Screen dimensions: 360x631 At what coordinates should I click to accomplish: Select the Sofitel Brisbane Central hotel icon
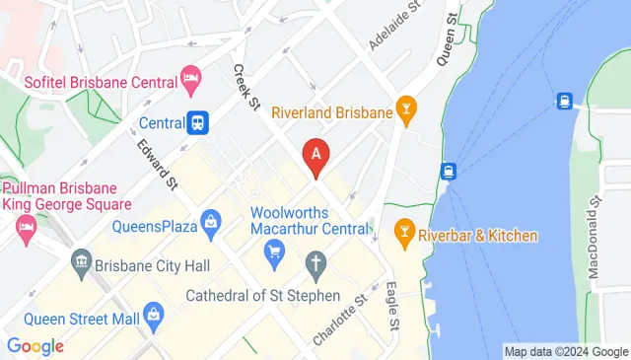click(x=191, y=77)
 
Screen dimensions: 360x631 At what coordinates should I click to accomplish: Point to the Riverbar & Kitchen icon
click(x=402, y=235)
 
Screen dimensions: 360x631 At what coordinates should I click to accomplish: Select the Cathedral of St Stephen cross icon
click(x=315, y=264)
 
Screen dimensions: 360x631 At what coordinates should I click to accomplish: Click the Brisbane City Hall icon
click(x=81, y=264)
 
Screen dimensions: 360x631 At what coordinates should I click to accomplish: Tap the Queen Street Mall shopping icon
click(x=152, y=316)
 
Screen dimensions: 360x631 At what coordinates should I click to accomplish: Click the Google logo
click(x=35, y=346)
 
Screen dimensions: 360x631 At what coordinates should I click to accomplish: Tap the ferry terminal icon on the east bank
click(x=565, y=100)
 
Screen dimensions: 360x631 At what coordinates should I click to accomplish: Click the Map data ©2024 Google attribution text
click(x=565, y=351)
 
